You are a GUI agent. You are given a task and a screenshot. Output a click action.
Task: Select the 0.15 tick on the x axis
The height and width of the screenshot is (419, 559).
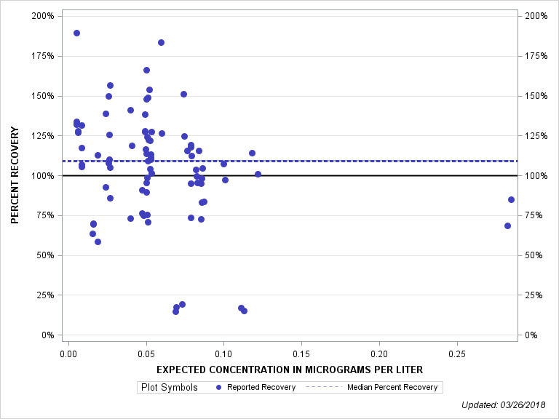(x=301, y=353)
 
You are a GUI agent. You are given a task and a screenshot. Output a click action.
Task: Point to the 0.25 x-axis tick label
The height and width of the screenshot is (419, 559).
(x=456, y=353)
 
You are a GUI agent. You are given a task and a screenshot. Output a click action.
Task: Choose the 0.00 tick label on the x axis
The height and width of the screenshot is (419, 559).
(x=68, y=353)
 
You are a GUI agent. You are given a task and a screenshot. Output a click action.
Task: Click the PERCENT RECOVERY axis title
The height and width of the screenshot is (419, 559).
(x=15, y=175)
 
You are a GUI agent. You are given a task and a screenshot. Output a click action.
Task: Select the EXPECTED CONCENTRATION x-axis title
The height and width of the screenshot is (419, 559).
(x=289, y=371)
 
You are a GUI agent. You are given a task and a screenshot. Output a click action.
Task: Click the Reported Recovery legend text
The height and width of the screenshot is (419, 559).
(x=261, y=388)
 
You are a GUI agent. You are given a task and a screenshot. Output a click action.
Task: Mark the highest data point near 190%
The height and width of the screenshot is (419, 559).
(x=76, y=33)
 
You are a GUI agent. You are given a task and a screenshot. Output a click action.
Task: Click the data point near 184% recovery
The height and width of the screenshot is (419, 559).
(x=161, y=42)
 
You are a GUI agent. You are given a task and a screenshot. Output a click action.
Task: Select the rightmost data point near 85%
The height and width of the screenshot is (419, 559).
(x=511, y=199)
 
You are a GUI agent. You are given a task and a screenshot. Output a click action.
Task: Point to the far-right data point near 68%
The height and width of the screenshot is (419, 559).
(x=507, y=226)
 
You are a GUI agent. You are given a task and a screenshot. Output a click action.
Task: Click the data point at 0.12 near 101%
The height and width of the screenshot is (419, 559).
(x=258, y=174)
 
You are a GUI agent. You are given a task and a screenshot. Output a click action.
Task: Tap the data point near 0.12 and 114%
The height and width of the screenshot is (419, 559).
(x=252, y=153)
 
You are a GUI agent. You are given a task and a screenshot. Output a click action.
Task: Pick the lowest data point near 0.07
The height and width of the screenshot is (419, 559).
(x=175, y=311)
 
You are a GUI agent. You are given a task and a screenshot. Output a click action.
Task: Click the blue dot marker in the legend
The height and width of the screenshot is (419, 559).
(x=219, y=388)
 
